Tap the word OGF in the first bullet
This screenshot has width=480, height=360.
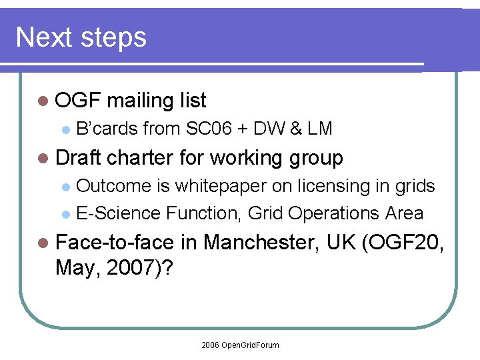(x=77, y=101)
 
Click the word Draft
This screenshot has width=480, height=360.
(x=79, y=158)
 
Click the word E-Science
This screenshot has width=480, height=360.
(x=119, y=213)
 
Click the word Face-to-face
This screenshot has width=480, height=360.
(x=116, y=242)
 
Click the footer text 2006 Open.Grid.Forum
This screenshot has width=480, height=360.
(x=240, y=345)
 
